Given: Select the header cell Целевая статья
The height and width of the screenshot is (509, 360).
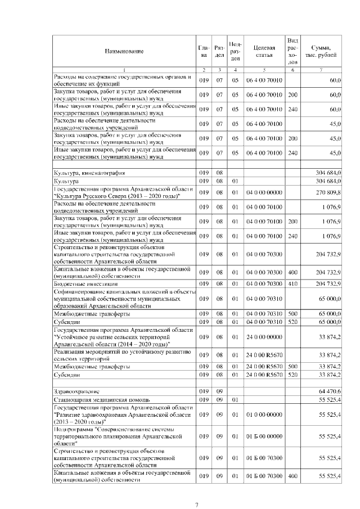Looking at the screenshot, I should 264,51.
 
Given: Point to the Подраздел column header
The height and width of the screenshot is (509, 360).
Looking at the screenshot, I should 236,51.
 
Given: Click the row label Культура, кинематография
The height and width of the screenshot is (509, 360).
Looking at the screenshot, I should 89,173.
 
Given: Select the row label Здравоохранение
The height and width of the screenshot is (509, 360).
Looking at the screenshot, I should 76,390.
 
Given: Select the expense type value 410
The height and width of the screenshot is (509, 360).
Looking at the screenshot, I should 292,283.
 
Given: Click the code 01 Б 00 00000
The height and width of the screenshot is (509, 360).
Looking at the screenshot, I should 264,436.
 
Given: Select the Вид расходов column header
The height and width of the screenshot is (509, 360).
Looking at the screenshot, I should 292,51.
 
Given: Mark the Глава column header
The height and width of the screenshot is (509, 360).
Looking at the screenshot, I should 204,51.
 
